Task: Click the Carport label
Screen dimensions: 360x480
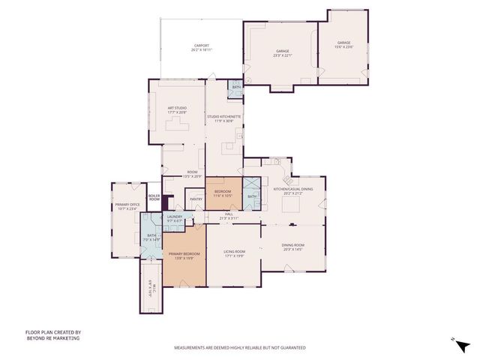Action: click(202, 48)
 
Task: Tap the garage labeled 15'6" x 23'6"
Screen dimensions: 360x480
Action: click(344, 46)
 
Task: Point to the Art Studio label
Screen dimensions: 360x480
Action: click(177, 110)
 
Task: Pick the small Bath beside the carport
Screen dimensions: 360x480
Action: click(236, 88)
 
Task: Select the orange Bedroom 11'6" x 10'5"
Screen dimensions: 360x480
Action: click(223, 193)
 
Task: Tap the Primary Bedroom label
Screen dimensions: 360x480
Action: click(185, 255)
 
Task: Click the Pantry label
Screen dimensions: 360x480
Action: click(196, 199)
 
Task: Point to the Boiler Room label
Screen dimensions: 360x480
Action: click(154, 197)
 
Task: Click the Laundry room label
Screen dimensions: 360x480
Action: click(175, 219)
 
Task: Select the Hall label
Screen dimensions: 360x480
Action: click(228, 215)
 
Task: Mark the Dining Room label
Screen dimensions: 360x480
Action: click(293, 247)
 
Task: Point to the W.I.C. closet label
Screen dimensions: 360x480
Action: click(151, 285)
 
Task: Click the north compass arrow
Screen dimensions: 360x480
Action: click(453, 339)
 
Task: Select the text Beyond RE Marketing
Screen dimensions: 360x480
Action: click(53, 339)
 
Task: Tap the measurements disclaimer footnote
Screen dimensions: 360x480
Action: click(240, 348)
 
